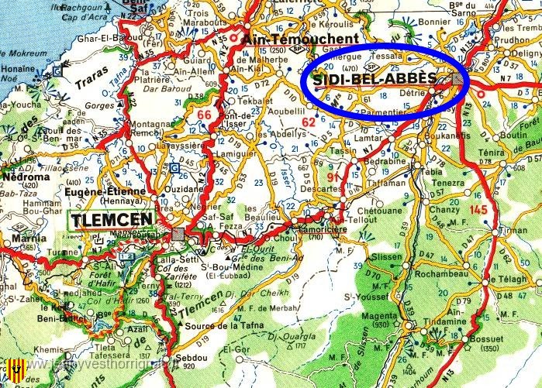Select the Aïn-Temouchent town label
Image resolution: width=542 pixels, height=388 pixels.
[x=301, y=39]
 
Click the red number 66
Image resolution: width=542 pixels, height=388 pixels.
[x=203, y=116]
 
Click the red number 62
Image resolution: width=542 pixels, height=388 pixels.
[x=309, y=122]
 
